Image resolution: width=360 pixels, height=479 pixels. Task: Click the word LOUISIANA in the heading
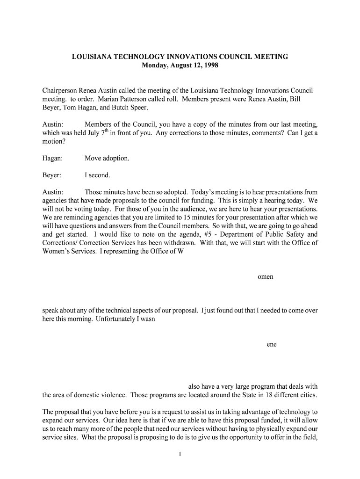click(91, 57)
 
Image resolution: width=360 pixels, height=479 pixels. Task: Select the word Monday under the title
click(154, 65)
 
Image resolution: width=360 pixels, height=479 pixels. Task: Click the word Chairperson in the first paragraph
click(59, 90)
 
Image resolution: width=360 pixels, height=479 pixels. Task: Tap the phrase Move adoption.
click(107, 158)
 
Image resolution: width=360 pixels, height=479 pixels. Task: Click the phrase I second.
click(97, 175)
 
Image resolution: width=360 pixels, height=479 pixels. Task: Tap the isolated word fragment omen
click(265, 276)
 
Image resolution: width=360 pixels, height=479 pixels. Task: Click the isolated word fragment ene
click(272, 344)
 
